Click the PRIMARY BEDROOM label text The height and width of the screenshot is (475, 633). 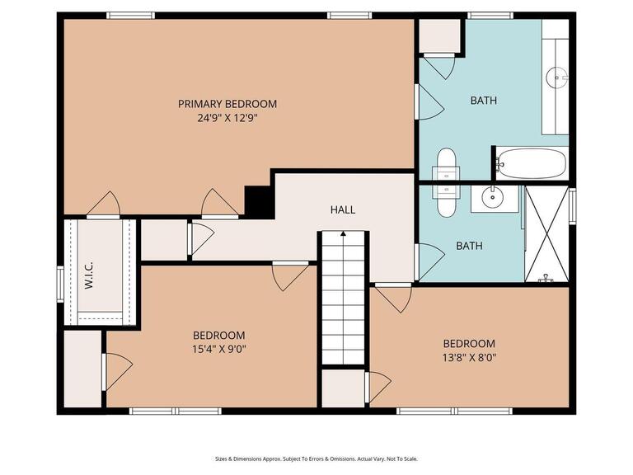(x=227, y=104)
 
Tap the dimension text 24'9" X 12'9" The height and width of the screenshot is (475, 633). (x=227, y=118)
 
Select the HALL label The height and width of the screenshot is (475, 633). (x=343, y=209)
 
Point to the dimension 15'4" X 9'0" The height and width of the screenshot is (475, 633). (x=219, y=349)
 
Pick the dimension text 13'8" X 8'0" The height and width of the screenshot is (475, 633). (x=469, y=358)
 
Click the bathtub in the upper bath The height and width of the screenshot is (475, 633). (x=532, y=163)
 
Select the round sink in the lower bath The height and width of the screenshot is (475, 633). (x=494, y=197)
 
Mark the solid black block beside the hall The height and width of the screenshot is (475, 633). (x=259, y=202)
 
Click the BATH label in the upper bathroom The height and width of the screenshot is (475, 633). (x=483, y=101)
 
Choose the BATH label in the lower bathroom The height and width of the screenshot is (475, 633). (x=469, y=246)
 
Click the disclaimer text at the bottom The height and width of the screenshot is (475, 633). (x=316, y=459)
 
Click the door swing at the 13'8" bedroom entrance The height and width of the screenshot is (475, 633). (x=393, y=298)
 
